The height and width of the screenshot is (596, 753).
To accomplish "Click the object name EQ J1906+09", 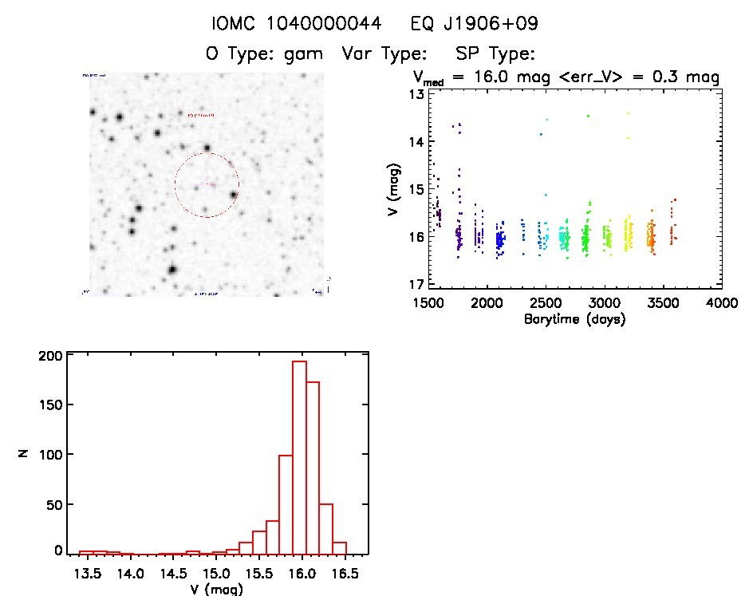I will (x=474, y=25).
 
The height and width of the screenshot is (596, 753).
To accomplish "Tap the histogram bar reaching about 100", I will (x=286, y=503).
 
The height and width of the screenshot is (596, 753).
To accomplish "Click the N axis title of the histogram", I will (x=23, y=453).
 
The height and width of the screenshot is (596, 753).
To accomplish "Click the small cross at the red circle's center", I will (x=207, y=184).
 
